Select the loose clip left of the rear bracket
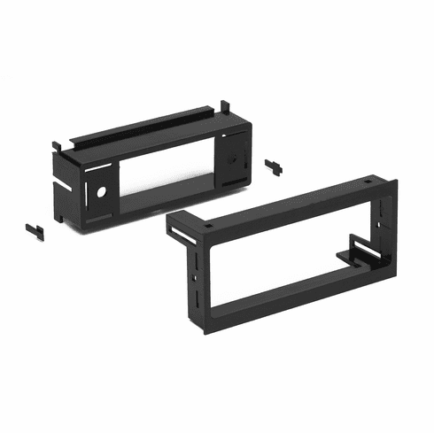click(x=35, y=228)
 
